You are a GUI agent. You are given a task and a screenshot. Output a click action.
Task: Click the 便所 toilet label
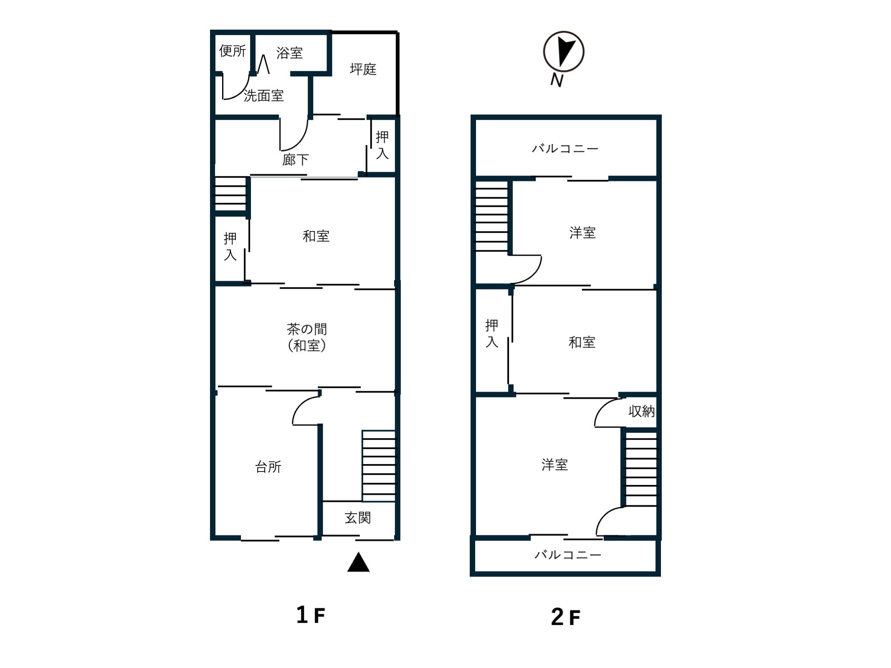tap(233, 51)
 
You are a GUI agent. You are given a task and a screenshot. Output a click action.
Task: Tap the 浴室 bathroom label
tap(289, 53)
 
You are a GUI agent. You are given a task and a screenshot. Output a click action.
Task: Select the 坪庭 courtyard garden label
tap(363, 69)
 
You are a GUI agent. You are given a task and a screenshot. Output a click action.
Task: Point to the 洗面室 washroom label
tap(263, 96)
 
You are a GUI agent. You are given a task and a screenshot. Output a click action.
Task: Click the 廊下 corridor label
tap(295, 159)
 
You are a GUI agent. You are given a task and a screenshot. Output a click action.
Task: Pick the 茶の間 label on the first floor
tap(306, 329)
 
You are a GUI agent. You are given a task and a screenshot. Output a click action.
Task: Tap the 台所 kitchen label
tap(268, 466)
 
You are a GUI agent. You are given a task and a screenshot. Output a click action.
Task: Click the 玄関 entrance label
tap(358, 518)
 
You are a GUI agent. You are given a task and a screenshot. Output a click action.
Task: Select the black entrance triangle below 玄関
tap(358, 562)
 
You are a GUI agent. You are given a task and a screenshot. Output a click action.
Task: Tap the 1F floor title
tap(310, 615)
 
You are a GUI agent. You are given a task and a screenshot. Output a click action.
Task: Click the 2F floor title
tap(565, 617)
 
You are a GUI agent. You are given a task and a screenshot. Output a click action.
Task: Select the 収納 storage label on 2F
tap(641, 411)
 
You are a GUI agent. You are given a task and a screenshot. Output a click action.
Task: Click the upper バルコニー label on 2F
tap(565, 148)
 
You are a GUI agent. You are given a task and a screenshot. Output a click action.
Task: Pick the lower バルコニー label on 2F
tap(568, 555)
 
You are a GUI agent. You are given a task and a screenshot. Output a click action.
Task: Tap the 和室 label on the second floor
tap(582, 343)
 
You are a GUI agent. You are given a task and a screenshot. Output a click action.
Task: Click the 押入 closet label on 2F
tap(492, 333)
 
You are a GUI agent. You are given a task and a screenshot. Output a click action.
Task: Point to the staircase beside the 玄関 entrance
tap(378, 466)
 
